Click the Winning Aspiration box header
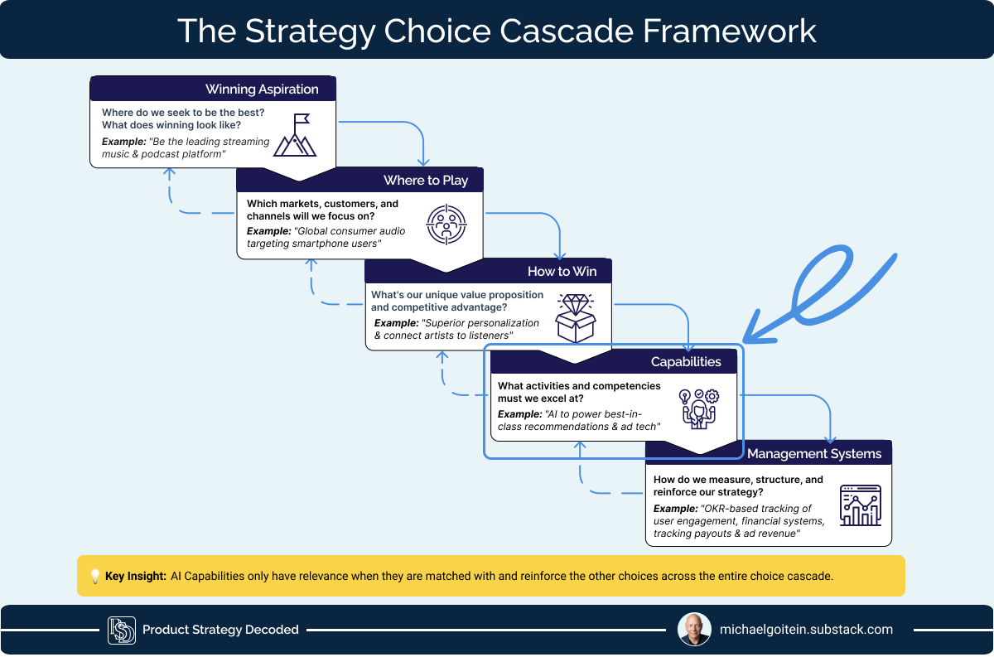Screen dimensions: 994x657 coord(262,89)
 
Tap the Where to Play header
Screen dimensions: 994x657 coord(426,181)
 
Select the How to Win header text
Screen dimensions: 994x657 coord(562,271)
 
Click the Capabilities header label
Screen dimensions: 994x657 coord(686,362)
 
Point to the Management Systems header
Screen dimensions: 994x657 coord(814,454)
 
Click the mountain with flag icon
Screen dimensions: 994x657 coord(295,135)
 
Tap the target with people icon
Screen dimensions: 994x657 coord(446,225)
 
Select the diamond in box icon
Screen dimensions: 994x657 coord(576,318)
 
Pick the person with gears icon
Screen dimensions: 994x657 coord(699,408)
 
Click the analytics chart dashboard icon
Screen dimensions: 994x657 coord(861,505)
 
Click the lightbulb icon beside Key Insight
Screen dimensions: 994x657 coord(95,576)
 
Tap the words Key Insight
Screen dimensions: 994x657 coord(135,576)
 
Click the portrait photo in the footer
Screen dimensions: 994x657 coord(694,630)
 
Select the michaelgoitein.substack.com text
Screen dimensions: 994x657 coord(806,630)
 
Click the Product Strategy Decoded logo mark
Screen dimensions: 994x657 coord(122,630)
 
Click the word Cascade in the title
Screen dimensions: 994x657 coord(567,31)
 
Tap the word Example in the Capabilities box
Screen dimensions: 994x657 coord(519,414)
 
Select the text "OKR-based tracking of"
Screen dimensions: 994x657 coord(755,509)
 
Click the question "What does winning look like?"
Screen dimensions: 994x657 coord(171,125)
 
